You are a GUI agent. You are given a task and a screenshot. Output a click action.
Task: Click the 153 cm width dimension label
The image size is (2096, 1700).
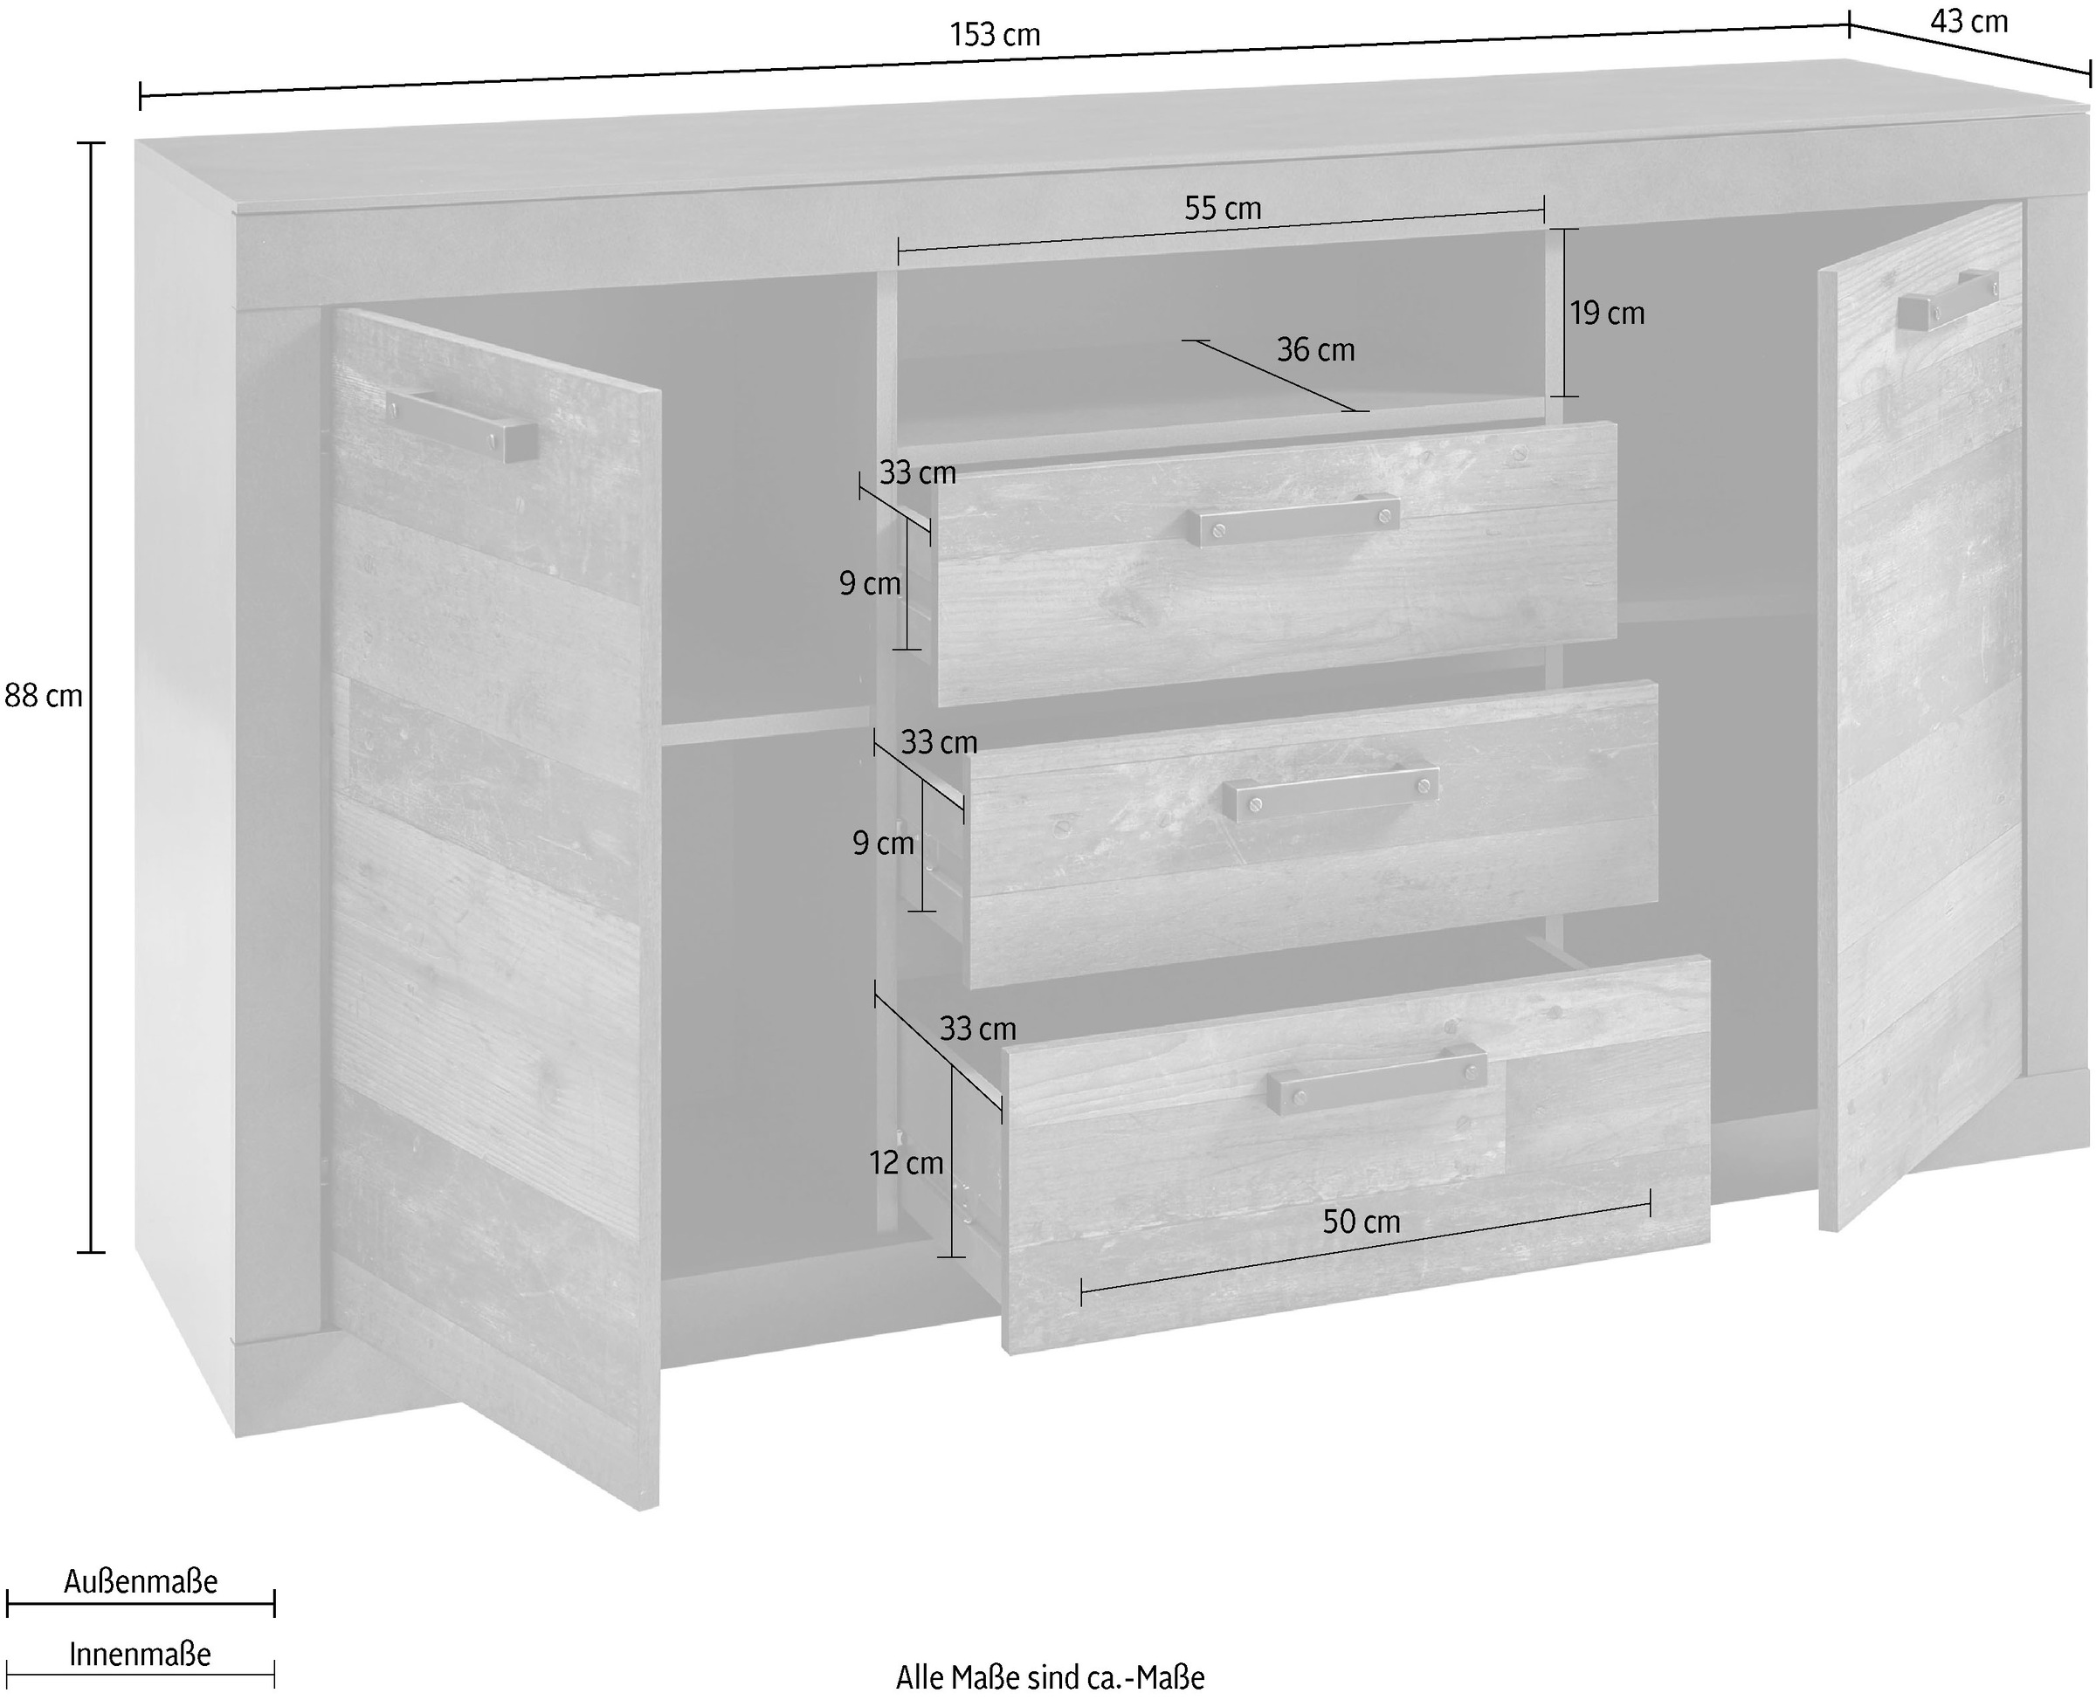pyautogui.click(x=994, y=36)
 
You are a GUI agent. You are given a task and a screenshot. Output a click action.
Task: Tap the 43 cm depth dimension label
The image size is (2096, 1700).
pyautogui.click(x=1968, y=22)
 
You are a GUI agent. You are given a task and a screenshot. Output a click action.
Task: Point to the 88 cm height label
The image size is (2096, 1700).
pyautogui.click(x=44, y=696)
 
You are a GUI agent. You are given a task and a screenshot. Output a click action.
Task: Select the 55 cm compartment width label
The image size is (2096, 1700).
pyautogui.click(x=1223, y=209)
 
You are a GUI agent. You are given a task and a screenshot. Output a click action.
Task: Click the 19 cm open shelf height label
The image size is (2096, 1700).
pyautogui.click(x=1606, y=313)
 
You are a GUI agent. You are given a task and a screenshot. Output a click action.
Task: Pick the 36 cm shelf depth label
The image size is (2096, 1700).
pyautogui.click(x=1314, y=349)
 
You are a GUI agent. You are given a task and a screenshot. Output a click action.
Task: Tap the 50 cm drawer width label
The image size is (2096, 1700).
pyautogui.click(x=1361, y=1222)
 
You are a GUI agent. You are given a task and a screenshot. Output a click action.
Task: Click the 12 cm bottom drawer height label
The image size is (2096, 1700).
pyautogui.click(x=906, y=1162)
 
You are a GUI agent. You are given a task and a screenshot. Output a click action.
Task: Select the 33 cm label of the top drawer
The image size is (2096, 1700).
pyautogui.click(x=917, y=473)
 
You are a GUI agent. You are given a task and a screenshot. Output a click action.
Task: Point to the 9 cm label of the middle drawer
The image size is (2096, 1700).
pyautogui.click(x=882, y=843)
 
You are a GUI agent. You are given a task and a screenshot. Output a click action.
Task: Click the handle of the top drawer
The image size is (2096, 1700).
pyautogui.click(x=1293, y=519)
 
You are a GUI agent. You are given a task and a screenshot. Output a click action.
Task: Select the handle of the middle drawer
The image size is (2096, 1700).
pyautogui.click(x=1331, y=792)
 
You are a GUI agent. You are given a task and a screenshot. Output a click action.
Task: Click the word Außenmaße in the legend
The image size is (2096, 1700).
pyautogui.click(x=141, y=1582)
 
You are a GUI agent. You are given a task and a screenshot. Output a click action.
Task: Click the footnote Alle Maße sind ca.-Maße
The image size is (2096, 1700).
pyautogui.click(x=1050, y=1677)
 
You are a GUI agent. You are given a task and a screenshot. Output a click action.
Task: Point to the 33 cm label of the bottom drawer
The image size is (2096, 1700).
pyautogui.click(x=977, y=1029)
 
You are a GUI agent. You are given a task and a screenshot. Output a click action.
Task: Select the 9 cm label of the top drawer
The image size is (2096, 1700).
pyautogui.click(x=869, y=583)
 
